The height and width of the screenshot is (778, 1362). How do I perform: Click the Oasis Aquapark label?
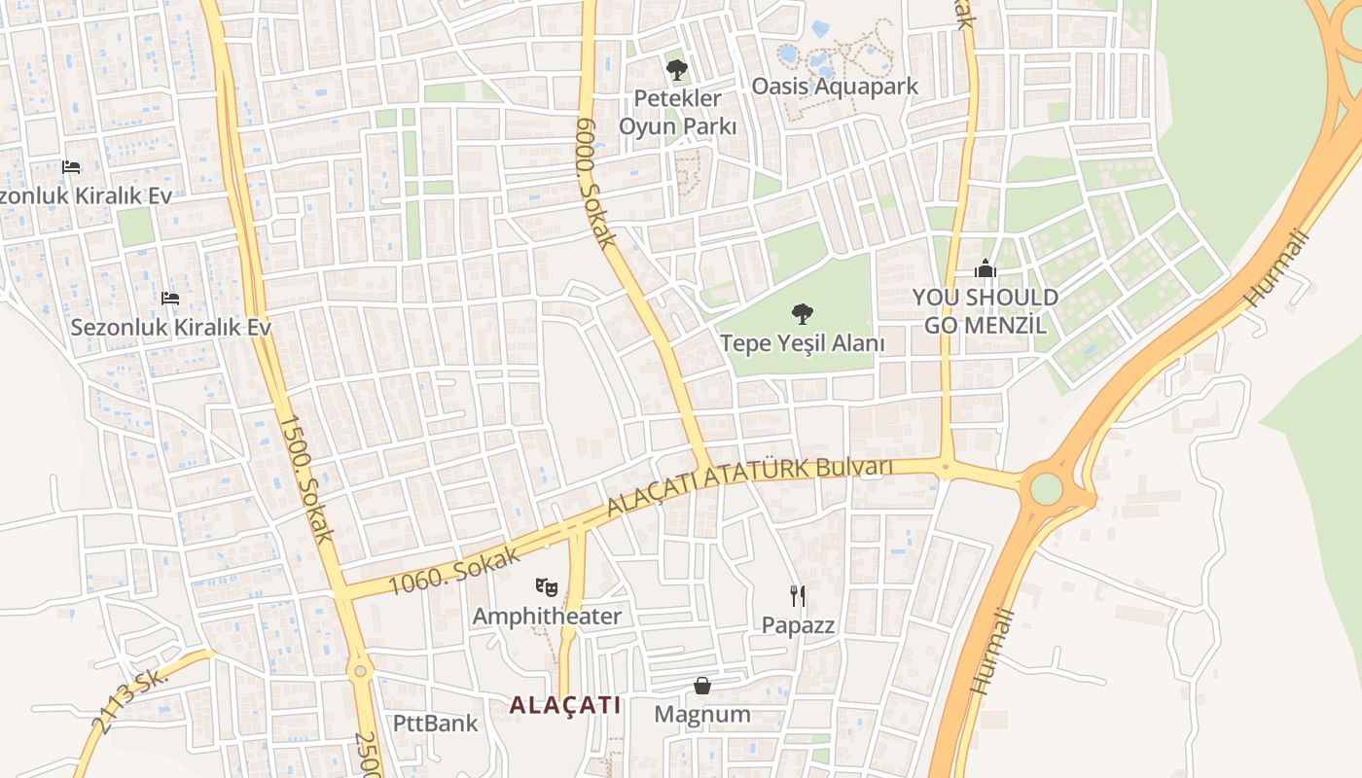point(835,86)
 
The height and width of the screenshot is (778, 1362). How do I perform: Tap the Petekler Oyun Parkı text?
point(677,112)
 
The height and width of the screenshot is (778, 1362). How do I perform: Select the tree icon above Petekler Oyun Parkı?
point(677,69)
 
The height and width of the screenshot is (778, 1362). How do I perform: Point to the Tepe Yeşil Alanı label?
point(803,343)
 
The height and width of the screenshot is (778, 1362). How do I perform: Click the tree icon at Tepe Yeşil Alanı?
point(803,313)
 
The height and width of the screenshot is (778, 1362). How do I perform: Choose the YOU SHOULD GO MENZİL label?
point(986,311)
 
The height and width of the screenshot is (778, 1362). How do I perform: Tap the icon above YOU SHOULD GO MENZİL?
point(986,268)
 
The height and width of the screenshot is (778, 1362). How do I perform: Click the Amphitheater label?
point(547,617)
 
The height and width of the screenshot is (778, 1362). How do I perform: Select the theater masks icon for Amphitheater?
point(547,586)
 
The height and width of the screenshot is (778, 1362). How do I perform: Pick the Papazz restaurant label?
point(798,625)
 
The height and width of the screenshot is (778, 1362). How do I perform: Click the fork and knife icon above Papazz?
point(798,595)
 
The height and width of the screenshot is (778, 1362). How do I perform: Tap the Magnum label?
point(702,715)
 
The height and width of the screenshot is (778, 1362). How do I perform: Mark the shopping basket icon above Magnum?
point(702,686)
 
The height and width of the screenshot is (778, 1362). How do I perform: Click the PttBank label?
point(436,724)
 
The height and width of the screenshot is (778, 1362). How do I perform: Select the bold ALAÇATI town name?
point(564,705)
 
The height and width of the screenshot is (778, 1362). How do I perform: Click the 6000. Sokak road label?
point(596,183)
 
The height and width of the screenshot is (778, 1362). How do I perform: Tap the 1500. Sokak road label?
point(306,478)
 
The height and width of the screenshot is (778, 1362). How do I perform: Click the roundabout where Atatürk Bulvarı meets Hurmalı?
point(1046,488)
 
